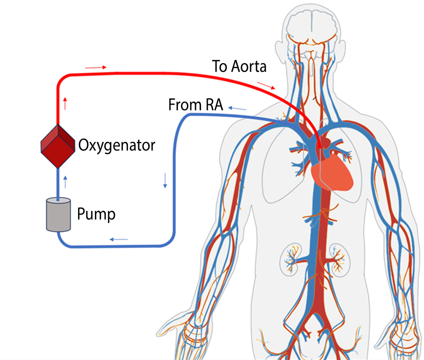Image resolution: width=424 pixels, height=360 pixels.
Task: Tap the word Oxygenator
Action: [117, 145]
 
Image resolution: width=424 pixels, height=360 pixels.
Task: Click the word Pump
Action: [96, 214]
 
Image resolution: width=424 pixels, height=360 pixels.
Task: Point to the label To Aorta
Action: [240, 66]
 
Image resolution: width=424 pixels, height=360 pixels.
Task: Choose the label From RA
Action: [195, 105]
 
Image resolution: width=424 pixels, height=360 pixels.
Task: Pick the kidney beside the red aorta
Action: [338, 258]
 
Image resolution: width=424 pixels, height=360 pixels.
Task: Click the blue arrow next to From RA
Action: [237, 109]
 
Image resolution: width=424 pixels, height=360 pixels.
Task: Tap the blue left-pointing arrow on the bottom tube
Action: [119, 239]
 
